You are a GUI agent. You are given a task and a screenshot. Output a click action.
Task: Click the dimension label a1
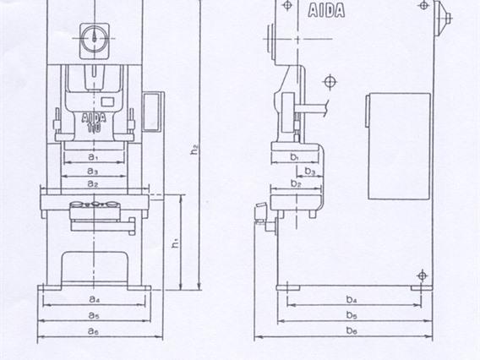(94, 156)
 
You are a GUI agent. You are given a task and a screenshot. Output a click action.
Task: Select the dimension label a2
(94, 183)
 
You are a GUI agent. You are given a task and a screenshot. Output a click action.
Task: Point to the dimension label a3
(94, 170)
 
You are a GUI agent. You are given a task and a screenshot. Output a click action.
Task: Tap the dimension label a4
(94, 299)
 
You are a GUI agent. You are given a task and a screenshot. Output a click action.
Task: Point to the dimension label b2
(295, 183)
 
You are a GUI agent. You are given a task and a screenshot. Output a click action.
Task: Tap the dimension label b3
(311, 172)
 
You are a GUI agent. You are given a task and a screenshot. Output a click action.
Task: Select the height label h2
(194, 150)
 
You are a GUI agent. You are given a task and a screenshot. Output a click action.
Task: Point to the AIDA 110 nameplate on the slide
(94, 121)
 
